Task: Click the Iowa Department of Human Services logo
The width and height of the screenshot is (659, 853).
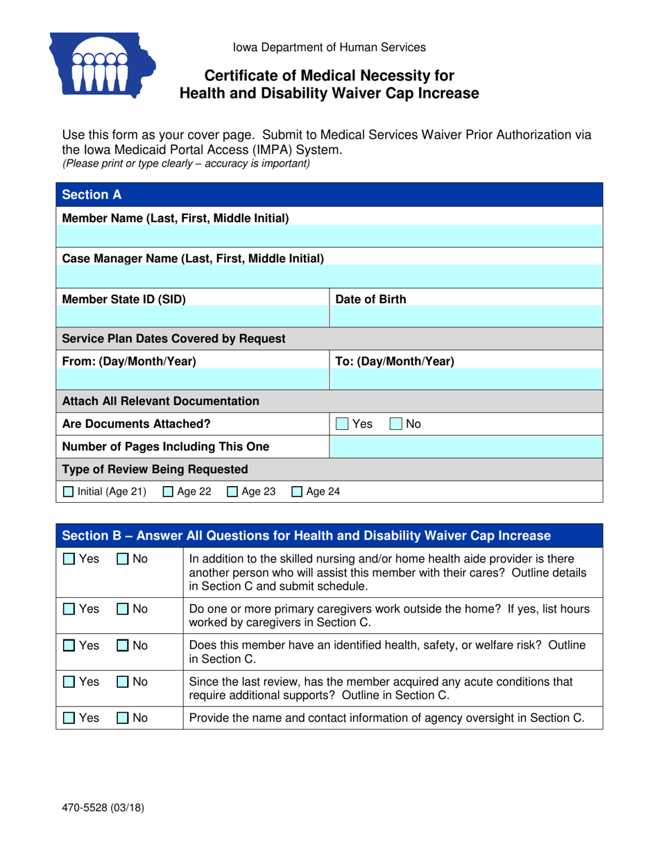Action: pos(101,65)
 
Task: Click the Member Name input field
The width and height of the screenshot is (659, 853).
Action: pos(330,238)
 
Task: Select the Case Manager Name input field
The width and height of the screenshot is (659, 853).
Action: pos(330,278)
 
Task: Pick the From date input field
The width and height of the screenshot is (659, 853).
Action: pos(194,379)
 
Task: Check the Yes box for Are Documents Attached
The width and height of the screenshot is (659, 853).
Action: pos(342,424)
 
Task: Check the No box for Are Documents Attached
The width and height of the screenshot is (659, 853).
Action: pos(395,424)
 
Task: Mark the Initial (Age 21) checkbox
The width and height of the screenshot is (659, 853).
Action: pos(68,492)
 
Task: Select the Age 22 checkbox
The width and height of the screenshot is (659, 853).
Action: pos(168,492)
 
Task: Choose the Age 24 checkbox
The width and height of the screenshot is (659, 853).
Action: pos(296,492)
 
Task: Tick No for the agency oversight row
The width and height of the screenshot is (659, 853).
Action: pos(121,718)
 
